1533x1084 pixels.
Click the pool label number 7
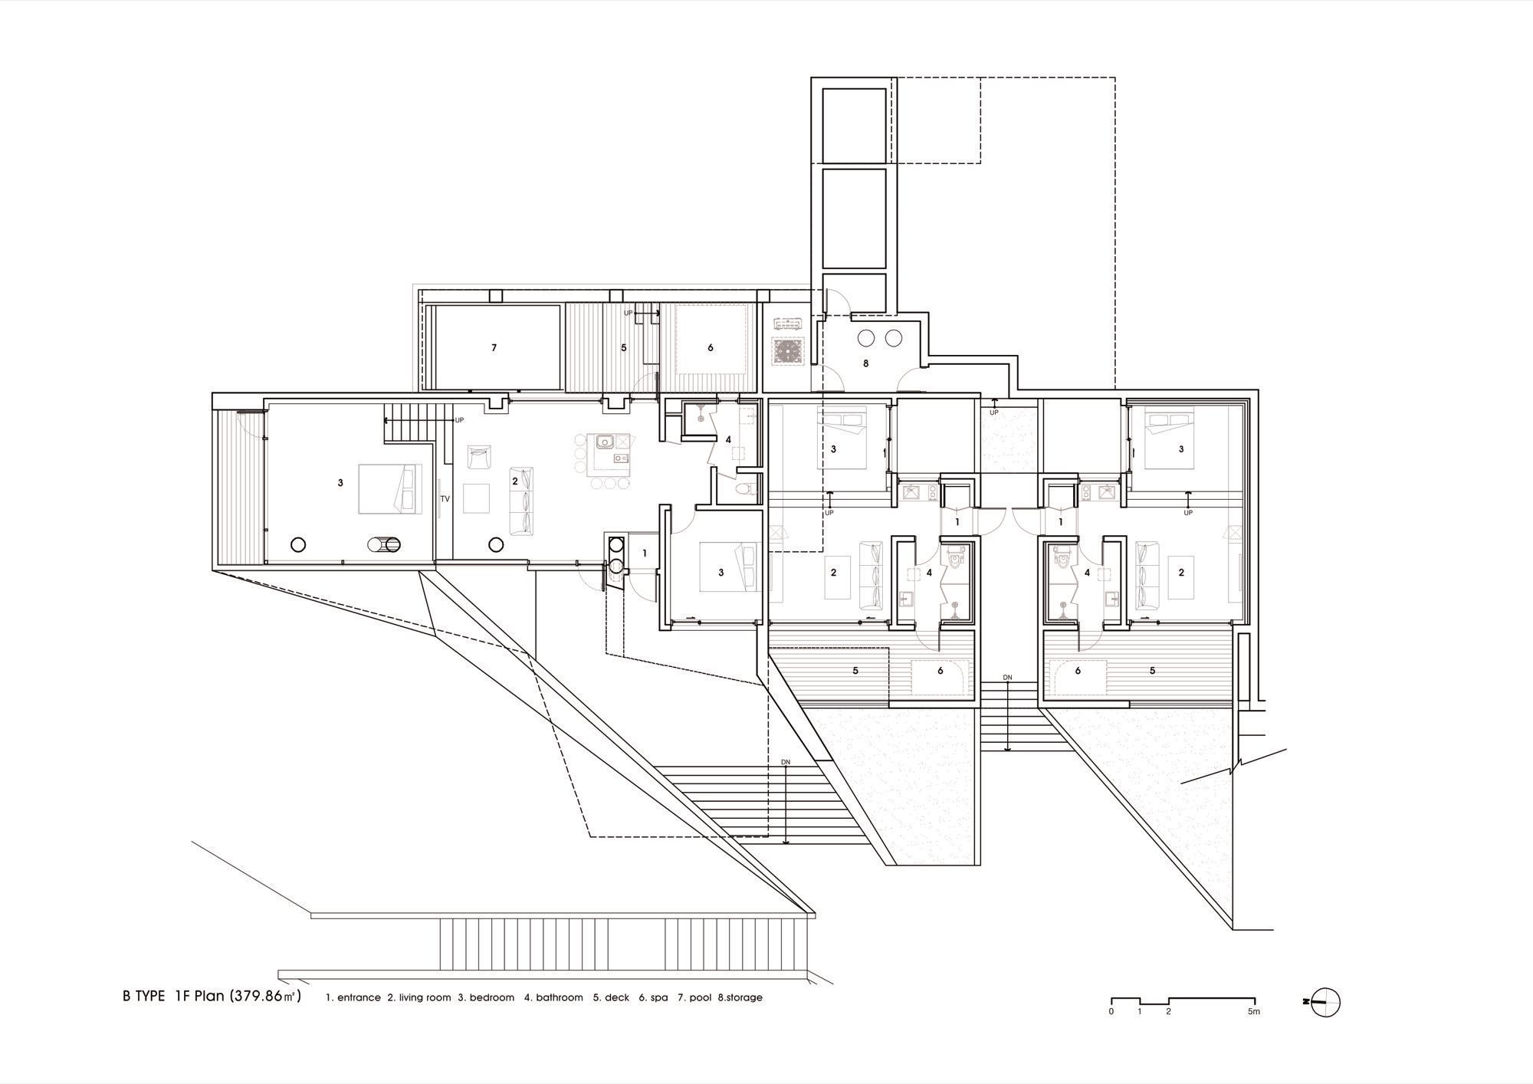coord(494,348)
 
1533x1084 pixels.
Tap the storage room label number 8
coord(866,363)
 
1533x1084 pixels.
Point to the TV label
coord(445,499)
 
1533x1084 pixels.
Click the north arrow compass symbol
coord(1324,1001)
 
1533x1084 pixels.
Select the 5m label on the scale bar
coord(1253,1012)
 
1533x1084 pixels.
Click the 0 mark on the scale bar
coord(1111,1012)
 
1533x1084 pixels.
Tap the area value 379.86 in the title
coord(261,997)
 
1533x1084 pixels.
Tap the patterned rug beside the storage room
coord(789,352)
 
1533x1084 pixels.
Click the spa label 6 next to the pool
coord(711,348)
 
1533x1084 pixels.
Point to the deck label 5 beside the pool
coord(624,348)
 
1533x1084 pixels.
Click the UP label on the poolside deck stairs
coord(629,313)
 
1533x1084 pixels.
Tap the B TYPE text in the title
coord(143,997)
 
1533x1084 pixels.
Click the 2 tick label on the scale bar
coord(1168,1012)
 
